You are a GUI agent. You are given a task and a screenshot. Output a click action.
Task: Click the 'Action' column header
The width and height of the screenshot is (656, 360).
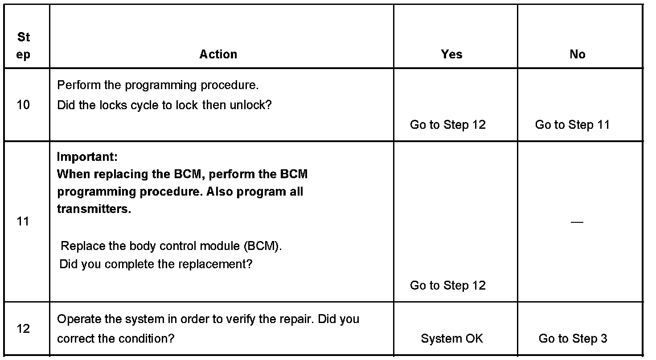pyautogui.click(x=218, y=54)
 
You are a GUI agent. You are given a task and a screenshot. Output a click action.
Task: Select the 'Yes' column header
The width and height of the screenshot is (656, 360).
pyautogui.click(x=451, y=54)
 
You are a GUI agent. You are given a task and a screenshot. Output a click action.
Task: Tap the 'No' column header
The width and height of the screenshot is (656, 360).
pyautogui.click(x=577, y=54)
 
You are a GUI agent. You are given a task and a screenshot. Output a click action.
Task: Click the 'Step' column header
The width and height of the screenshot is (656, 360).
pyautogui.click(x=24, y=45)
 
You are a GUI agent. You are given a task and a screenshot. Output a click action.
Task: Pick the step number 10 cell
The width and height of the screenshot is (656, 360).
pyautogui.click(x=23, y=105)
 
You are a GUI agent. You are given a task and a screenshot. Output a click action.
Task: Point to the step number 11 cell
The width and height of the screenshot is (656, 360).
pyautogui.click(x=23, y=221)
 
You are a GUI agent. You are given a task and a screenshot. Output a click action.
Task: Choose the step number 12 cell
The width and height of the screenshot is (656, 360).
pyautogui.click(x=23, y=329)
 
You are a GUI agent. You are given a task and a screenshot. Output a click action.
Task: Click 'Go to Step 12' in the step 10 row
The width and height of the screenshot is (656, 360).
pyautogui.click(x=448, y=125)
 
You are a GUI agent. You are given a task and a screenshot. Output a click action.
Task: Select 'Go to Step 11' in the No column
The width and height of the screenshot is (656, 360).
pyautogui.click(x=572, y=125)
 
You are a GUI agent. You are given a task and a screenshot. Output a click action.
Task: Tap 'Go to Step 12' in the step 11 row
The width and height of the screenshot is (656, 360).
pyautogui.click(x=448, y=285)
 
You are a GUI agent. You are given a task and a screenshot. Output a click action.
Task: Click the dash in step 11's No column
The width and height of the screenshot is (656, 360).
pyautogui.click(x=577, y=222)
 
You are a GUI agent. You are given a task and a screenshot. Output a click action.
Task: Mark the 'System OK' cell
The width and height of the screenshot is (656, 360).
pyautogui.click(x=451, y=339)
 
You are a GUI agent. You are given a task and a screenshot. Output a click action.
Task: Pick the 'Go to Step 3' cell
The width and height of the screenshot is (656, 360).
pyautogui.click(x=573, y=339)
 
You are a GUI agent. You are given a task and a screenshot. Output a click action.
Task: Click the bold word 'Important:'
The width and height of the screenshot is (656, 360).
pyautogui.click(x=87, y=157)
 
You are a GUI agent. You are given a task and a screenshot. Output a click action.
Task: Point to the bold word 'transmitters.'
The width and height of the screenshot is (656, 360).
pyautogui.click(x=94, y=209)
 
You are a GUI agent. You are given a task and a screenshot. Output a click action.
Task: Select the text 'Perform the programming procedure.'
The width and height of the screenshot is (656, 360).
pyautogui.click(x=158, y=85)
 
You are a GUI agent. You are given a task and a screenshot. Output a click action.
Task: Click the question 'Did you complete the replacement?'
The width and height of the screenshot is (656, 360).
pyautogui.click(x=156, y=264)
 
